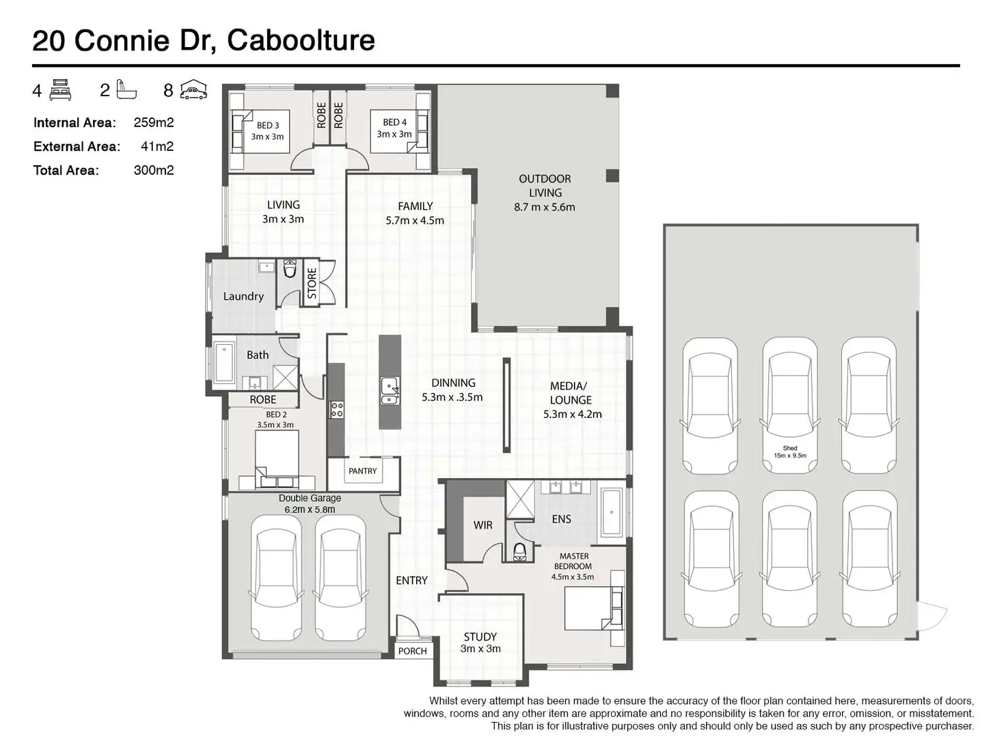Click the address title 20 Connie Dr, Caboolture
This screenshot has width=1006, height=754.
pyautogui.click(x=204, y=40)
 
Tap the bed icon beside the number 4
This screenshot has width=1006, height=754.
pyautogui.click(x=59, y=89)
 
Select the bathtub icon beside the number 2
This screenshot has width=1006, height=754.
pyautogui.click(x=126, y=89)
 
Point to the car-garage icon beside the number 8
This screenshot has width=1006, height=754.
pyautogui.click(x=193, y=89)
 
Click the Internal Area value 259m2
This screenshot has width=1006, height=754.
pyautogui.click(x=154, y=122)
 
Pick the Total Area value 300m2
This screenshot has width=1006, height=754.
pyautogui.click(x=154, y=170)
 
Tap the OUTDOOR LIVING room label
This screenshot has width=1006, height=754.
pyautogui.click(x=545, y=193)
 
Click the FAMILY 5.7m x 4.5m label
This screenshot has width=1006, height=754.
pyautogui.click(x=415, y=213)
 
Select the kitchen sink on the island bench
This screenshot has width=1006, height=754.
pyautogui.click(x=390, y=391)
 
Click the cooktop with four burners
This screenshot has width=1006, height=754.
pyautogui.click(x=337, y=410)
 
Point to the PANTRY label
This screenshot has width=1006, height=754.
pyautogui.click(x=362, y=471)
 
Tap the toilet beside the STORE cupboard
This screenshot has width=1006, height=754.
pyautogui.click(x=290, y=269)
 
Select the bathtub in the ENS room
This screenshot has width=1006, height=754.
pyautogui.click(x=612, y=513)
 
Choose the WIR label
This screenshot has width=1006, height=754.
pyautogui.click(x=482, y=525)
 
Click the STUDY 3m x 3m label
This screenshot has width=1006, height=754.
pyautogui.click(x=480, y=643)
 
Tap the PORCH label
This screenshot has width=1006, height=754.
pyautogui.click(x=413, y=651)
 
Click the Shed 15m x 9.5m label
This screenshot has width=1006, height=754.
pyautogui.click(x=790, y=452)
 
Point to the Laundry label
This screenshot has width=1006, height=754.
pyautogui.click(x=243, y=296)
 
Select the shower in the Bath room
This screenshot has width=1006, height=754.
pyautogui.click(x=285, y=378)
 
